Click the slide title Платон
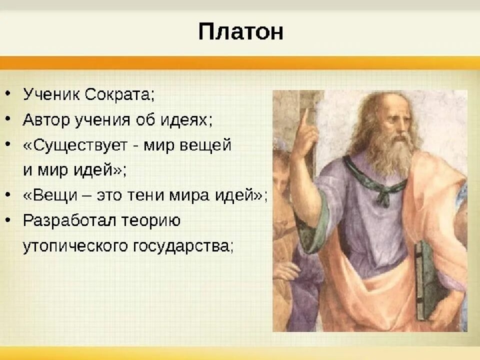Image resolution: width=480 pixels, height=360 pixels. [x=240, y=32]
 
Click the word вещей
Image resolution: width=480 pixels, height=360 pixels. [x=205, y=145]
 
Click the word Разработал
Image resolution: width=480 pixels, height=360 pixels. [x=69, y=220]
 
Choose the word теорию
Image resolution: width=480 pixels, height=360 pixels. [x=151, y=220]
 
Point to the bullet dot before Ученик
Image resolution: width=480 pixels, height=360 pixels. [x=8, y=93]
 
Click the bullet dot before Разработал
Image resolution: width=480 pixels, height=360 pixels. [x=8, y=220]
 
